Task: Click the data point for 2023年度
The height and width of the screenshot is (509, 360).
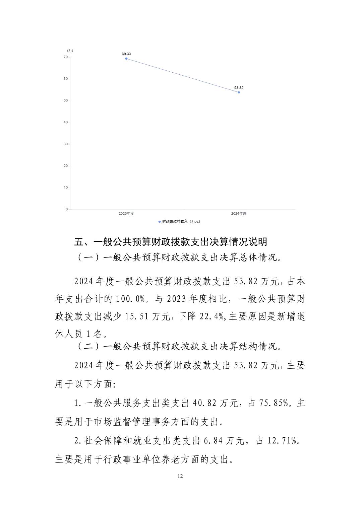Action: coord(126,59)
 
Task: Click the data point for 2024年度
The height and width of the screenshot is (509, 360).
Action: coord(239,92)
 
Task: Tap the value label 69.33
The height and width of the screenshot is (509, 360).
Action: coord(126,54)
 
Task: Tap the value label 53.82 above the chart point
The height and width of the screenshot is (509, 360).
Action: coord(239,88)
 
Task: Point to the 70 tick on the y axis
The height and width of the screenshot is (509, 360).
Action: coord(66,57)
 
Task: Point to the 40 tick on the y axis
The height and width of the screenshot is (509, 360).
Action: coord(66,123)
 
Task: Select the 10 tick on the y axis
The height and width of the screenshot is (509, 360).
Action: coord(66,188)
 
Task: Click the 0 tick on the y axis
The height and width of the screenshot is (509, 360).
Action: coord(66,209)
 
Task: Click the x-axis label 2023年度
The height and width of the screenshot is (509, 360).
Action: coord(126,214)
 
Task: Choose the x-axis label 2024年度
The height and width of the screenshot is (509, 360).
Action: coord(239,214)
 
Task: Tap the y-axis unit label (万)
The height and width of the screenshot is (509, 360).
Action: coord(70,51)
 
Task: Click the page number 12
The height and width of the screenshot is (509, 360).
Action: coord(180,477)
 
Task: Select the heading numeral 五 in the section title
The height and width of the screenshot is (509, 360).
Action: coord(78,241)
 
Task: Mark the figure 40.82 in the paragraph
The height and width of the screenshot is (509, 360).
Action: coord(204,403)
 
